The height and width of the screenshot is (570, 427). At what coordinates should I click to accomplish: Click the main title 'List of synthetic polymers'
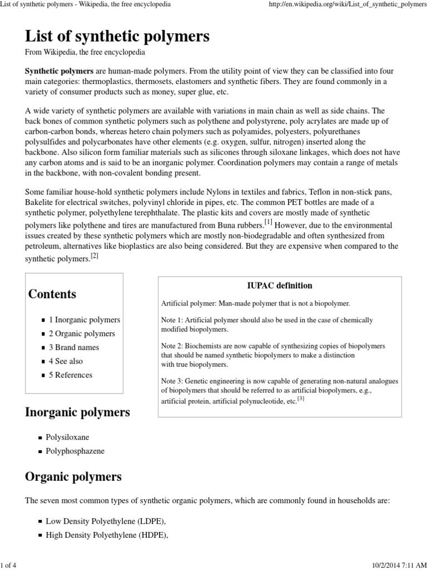coord(117,37)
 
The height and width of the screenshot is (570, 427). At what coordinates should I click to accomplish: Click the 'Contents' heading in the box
coord(52,294)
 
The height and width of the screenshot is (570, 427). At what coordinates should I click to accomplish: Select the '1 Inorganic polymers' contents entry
coord(84,320)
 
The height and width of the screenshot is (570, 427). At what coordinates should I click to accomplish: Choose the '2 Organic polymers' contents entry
coord(82,334)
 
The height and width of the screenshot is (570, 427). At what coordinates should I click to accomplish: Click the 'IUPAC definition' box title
coord(280,286)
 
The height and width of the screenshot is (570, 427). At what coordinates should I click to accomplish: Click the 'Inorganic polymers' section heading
coord(77,412)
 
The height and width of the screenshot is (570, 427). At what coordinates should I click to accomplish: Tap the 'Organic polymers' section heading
coord(73,477)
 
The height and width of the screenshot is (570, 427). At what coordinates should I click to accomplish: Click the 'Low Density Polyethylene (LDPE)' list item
coord(106,522)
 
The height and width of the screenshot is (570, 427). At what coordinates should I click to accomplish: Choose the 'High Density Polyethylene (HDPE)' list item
coord(107,535)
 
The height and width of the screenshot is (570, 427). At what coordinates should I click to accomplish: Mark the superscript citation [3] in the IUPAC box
coord(301,399)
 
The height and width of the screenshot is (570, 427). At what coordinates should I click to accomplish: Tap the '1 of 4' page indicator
coord(8,565)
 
